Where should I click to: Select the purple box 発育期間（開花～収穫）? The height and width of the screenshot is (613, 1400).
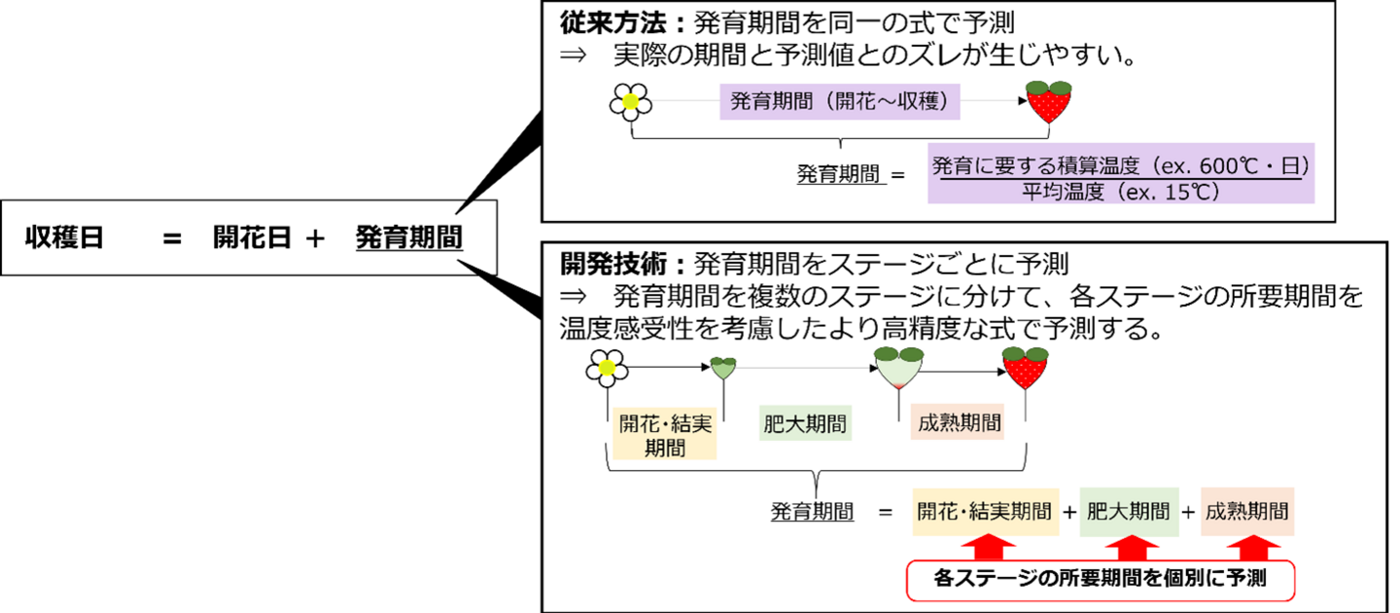click(839, 100)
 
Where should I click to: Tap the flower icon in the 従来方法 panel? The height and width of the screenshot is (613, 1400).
click(630, 101)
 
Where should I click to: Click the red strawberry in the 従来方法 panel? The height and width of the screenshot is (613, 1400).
click(1050, 101)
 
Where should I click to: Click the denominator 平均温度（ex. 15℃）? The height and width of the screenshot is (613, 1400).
click(1120, 191)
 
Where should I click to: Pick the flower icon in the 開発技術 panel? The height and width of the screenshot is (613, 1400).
click(608, 368)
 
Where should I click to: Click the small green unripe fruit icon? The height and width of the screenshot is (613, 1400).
click(721, 368)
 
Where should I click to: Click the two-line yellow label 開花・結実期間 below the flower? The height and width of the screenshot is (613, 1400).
click(665, 435)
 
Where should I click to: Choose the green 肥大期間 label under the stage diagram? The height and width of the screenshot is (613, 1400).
click(804, 424)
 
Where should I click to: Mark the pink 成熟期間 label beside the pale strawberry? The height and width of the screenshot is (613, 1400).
click(959, 423)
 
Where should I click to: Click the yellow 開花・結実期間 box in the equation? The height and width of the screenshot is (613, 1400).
click(985, 512)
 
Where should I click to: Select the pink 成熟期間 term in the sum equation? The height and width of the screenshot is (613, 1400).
click(1247, 512)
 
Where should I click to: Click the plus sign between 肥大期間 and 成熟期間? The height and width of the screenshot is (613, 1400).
click(1188, 512)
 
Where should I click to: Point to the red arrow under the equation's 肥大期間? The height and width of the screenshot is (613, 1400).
click(1129, 544)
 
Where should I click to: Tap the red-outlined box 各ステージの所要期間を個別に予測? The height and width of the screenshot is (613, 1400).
click(1101, 580)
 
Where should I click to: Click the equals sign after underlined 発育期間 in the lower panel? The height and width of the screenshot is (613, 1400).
click(885, 512)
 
